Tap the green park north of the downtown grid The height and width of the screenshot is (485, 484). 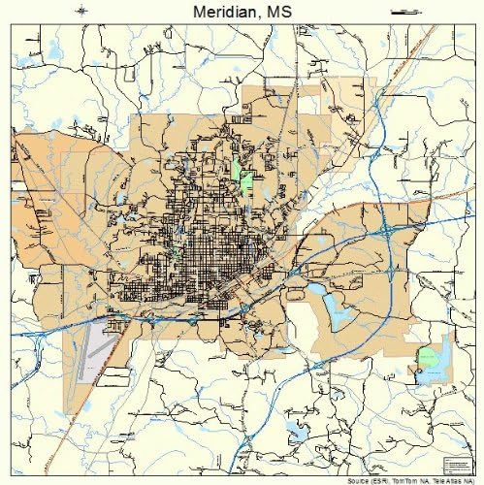pos(245,179)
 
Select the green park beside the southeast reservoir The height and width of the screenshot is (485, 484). pos(428,359)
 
